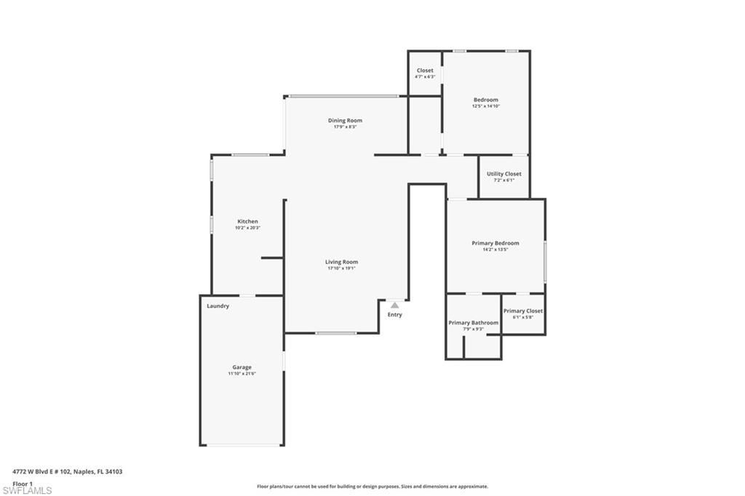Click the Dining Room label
pos(345,120)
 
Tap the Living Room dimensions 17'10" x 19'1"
pos(341,268)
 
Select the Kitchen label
pos(247,221)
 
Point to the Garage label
pos(242,367)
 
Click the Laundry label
pos(218,306)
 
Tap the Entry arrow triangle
pos(394,305)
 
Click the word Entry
pos(394,315)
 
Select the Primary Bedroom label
pos(495,243)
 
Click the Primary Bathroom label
pos(474,322)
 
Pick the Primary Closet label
pos(523,311)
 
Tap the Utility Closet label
pos(503,174)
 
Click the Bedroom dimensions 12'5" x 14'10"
pos(486,106)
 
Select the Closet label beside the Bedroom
pos(425,71)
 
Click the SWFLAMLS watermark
pos(27,490)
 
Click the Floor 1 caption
pos(23,483)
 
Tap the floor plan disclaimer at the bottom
pos(372,487)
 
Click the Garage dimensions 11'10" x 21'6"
pos(242,374)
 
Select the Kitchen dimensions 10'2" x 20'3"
pos(247,228)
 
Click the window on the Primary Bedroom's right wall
pos(545,261)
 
